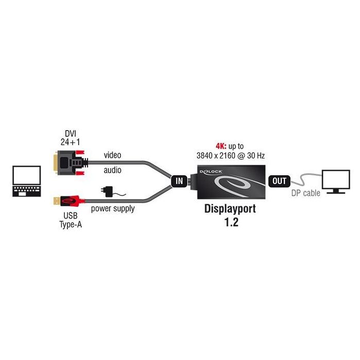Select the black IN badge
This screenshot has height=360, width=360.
[x=179, y=181]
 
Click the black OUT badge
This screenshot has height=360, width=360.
[x=279, y=181]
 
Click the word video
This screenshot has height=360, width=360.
[x=113, y=154]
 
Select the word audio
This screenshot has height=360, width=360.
[x=113, y=170]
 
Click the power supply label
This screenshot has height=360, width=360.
[x=113, y=209]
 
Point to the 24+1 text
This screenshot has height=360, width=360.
[x=67, y=141]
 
